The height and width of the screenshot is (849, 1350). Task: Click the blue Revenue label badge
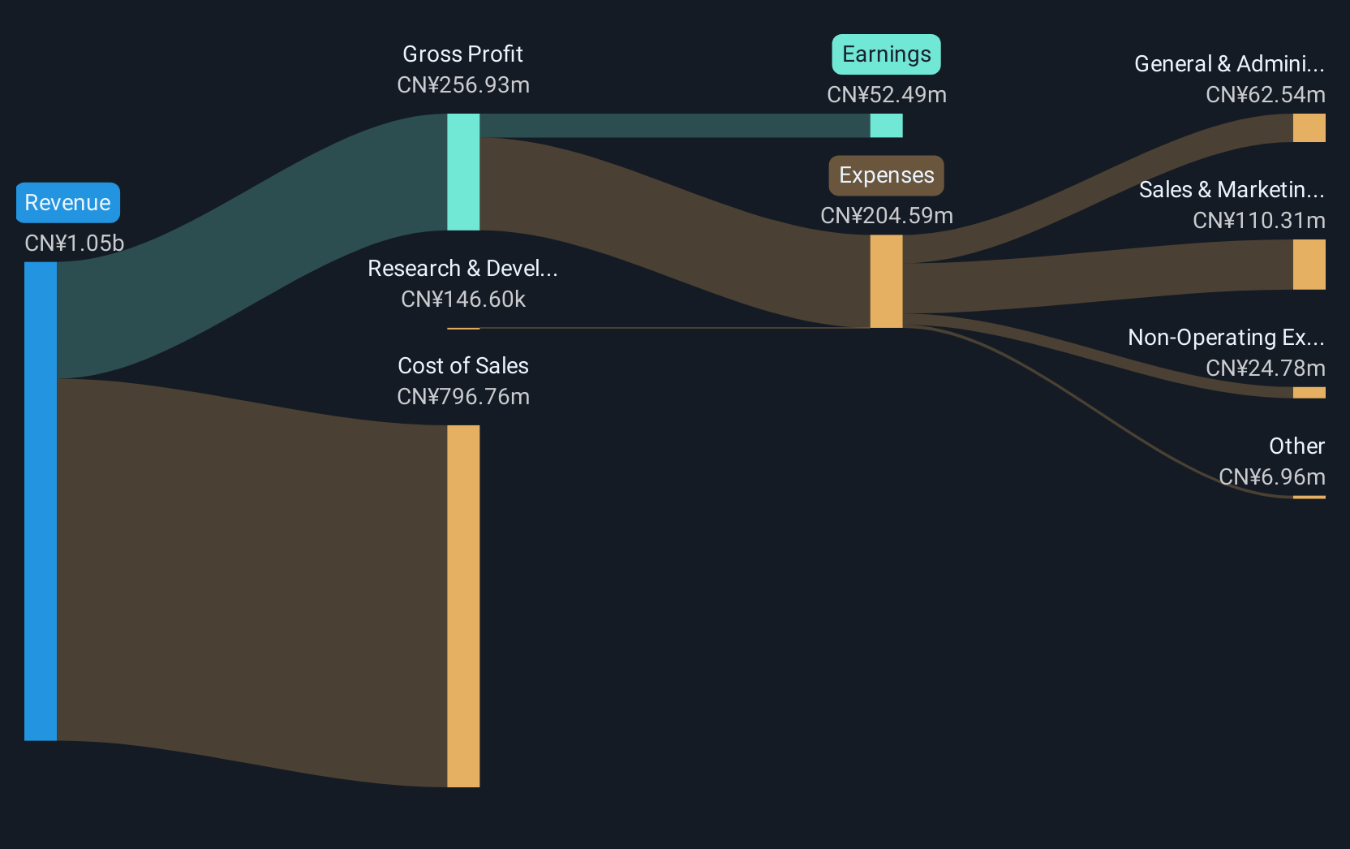pyautogui.click(x=67, y=203)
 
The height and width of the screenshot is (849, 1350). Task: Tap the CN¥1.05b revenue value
pyautogui.click(x=74, y=243)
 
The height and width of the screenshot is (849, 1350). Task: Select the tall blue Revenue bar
pyautogui.click(x=41, y=501)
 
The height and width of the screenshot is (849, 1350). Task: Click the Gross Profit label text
pyautogui.click(x=463, y=54)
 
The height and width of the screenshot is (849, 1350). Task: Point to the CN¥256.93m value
pyautogui.click(x=463, y=85)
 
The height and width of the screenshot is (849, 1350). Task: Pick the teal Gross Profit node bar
pyautogui.click(x=463, y=172)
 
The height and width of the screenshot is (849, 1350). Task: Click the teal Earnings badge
pyautogui.click(x=886, y=54)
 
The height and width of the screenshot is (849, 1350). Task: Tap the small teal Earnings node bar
pyautogui.click(x=887, y=126)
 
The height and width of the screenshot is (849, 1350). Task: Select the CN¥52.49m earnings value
pyautogui.click(x=887, y=95)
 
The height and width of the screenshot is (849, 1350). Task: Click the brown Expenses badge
pyautogui.click(x=887, y=175)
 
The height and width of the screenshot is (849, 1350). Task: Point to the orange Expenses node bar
pyautogui.click(x=887, y=282)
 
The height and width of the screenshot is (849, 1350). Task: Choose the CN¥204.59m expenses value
pyautogui.click(x=887, y=215)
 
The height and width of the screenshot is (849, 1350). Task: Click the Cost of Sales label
pyautogui.click(x=463, y=365)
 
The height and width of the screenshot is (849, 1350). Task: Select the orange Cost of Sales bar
pyautogui.click(x=463, y=606)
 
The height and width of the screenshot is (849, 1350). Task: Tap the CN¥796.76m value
pyautogui.click(x=463, y=397)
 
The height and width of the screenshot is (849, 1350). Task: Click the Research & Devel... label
pyautogui.click(x=463, y=269)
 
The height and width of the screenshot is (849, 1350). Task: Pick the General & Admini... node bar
pyautogui.click(x=1309, y=127)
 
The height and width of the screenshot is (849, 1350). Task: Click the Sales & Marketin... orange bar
pyautogui.click(x=1309, y=265)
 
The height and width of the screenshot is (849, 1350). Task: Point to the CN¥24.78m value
pyautogui.click(x=1265, y=368)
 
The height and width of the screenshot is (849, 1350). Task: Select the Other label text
pyautogui.click(x=1297, y=446)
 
